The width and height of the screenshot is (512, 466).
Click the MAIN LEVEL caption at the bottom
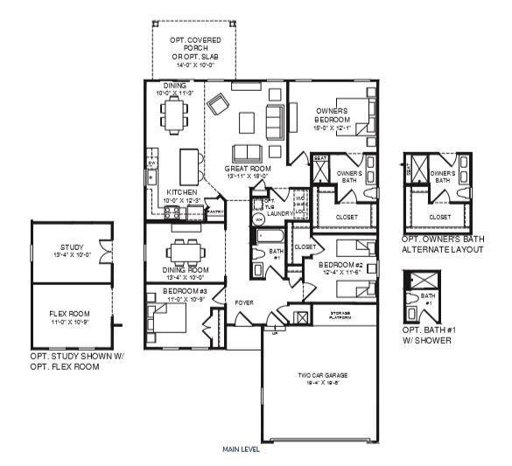click(242, 450)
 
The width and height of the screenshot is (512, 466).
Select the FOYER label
click(244, 303)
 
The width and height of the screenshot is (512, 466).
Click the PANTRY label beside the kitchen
click(215, 211)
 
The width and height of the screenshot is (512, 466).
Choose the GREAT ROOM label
click(247, 168)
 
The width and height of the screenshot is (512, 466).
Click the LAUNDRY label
click(279, 212)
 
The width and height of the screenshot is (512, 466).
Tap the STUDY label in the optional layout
click(72, 248)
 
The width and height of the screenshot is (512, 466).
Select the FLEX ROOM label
click(71, 315)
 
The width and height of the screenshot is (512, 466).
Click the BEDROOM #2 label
click(337, 264)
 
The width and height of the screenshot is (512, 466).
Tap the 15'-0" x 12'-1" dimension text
click(332, 128)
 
